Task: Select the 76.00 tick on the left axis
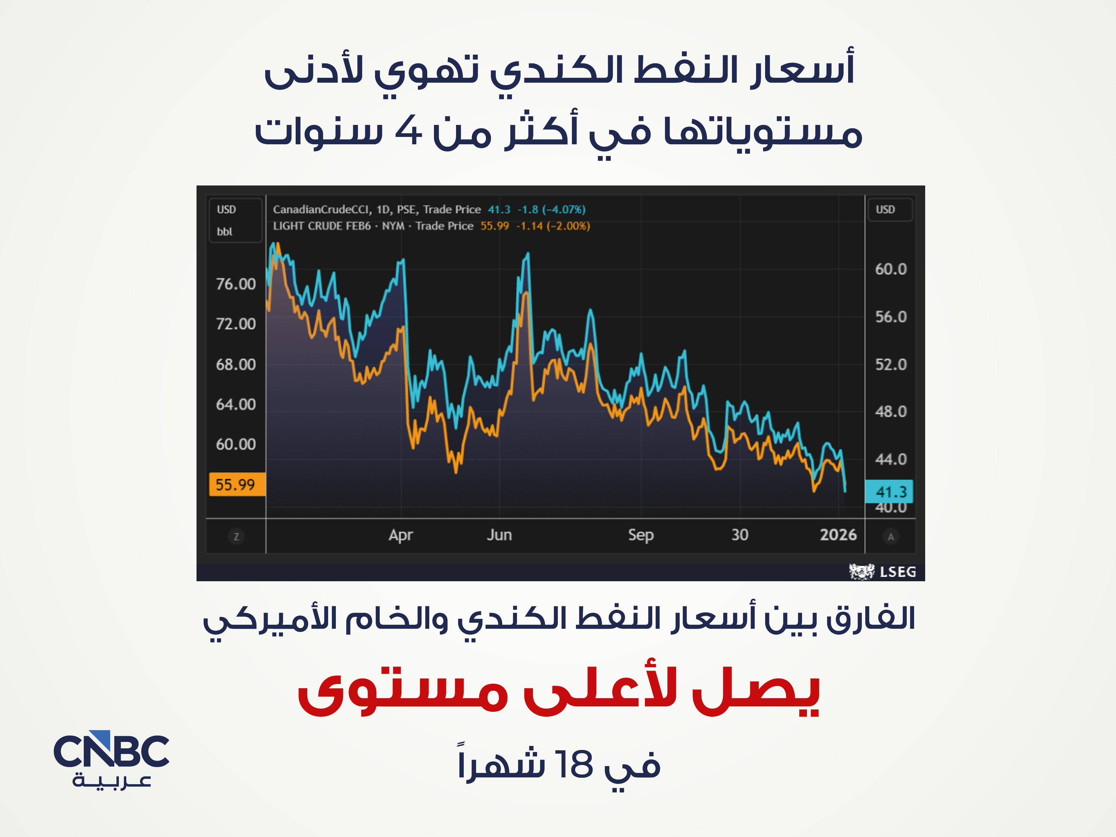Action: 236,284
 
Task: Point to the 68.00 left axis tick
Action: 236,364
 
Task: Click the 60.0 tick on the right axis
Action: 890,269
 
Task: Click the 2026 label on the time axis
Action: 838,534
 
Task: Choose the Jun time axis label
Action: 499,535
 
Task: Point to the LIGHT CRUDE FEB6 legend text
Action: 322,226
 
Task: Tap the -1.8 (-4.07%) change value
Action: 551,209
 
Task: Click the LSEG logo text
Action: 898,572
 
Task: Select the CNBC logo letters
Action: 111,750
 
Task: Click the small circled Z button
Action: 236,536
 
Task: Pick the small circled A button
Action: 890,537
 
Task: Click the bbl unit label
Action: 225,232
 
